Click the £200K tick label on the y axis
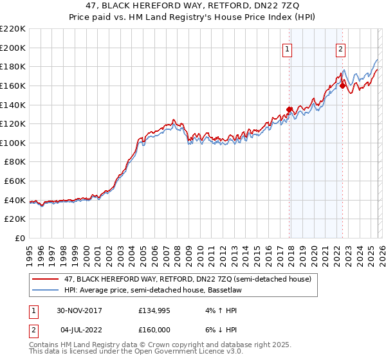click(x=14, y=48)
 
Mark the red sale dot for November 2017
click(x=289, y=109)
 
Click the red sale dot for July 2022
click(x=342, y=85)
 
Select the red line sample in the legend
click(x=45, y=279)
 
